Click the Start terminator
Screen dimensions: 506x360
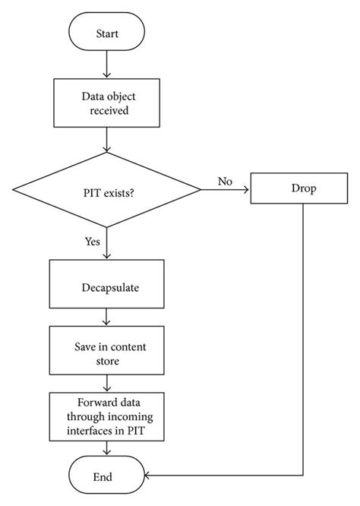107,34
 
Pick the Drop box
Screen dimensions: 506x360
303,188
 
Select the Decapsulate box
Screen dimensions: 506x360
107,288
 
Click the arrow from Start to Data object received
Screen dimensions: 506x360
107,65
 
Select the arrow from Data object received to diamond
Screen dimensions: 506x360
107,140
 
